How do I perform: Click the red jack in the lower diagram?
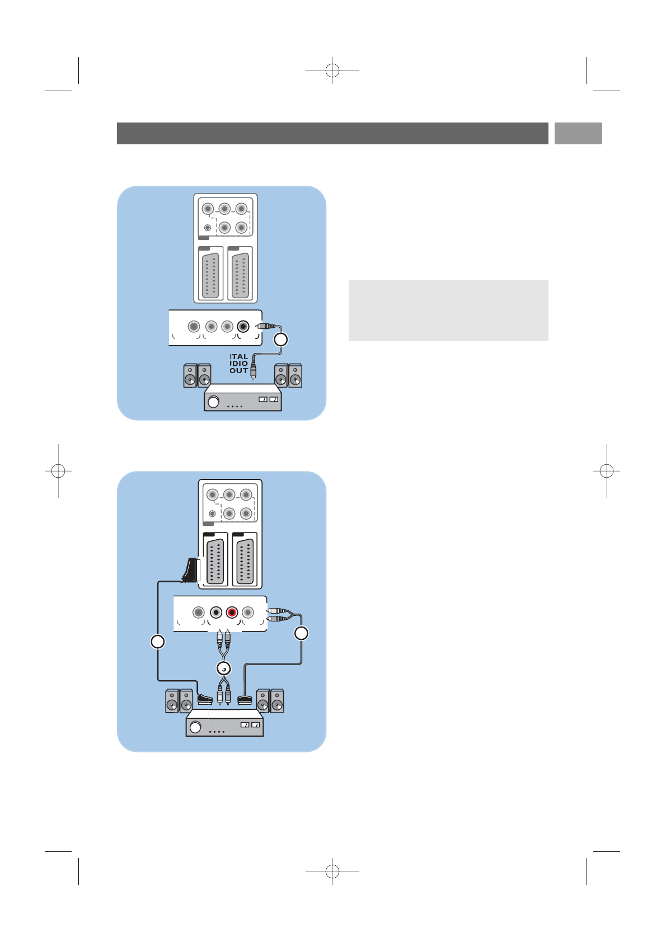[232, 613]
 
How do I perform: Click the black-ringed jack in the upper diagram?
[243, 326]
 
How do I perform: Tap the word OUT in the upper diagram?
[238, 371]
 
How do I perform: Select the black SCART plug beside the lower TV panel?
[190, 571]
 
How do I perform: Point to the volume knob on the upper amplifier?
[213, 402]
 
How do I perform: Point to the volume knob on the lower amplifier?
[195, 727]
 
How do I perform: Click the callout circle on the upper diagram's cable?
[280, 339]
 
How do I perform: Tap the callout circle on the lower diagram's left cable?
[158, 642]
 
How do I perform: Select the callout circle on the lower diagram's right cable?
[301, 633]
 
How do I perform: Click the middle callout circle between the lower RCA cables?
[224, 668]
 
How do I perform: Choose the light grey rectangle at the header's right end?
[578, 134]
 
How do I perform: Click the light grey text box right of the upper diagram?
[448, 310]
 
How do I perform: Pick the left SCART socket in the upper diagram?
[210, 275]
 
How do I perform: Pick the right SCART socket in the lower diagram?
[245, 561]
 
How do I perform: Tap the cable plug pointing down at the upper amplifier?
[253, 371]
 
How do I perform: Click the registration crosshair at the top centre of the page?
[332, 70]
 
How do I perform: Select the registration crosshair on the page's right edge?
[607, 472]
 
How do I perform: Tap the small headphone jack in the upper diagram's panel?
[208, 228]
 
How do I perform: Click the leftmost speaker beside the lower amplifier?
[172, 701]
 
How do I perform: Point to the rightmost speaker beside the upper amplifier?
[295, 376]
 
